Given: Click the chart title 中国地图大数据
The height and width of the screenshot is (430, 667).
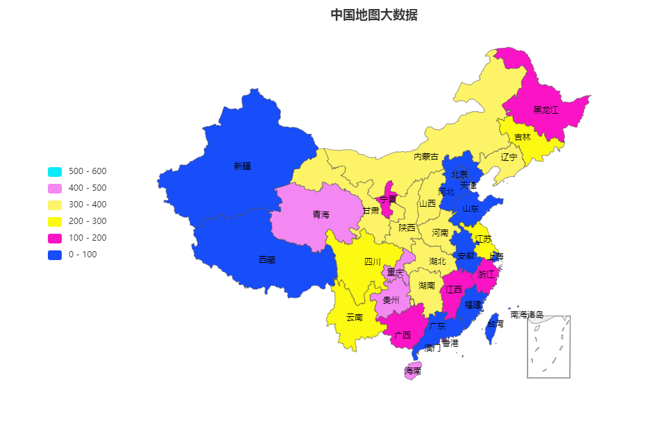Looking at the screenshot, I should (x=373, y=15).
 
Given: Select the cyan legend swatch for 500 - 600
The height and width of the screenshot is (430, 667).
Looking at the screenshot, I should (x=55, y=172).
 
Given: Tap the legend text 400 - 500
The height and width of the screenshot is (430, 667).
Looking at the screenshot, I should (x=87, y=188).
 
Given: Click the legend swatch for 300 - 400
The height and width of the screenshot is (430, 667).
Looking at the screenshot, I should (x=55, y=205).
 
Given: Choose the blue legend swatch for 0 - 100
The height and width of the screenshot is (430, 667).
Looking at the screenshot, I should (x=55, y=255).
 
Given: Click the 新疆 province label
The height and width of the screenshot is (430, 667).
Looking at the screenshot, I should (x=242, y=166).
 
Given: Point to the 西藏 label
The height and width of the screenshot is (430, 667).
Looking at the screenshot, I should (x=267, y=260).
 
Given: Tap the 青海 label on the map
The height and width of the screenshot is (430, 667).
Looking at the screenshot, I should (x=321, y=215).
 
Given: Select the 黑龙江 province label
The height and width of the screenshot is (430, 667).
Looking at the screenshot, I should (x=546, y=110).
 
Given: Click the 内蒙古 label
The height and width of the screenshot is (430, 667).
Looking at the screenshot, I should (x=426, y=157).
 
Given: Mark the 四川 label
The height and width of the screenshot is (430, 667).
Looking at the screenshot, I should (x=373, y=262).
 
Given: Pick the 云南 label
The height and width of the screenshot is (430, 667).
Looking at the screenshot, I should (x=354, y=318).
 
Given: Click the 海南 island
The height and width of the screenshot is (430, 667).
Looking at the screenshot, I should (x=413, y=370).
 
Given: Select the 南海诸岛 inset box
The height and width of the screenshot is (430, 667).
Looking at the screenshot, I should (x=548, y=347).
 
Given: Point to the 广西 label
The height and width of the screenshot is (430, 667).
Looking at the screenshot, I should (x=402, y=335).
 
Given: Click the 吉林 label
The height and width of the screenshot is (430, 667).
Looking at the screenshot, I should (x=523, y=137).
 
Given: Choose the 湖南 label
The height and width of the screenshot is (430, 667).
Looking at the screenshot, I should (x=427, y=286).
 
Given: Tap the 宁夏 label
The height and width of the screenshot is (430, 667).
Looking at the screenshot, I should (x=387, y=200).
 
